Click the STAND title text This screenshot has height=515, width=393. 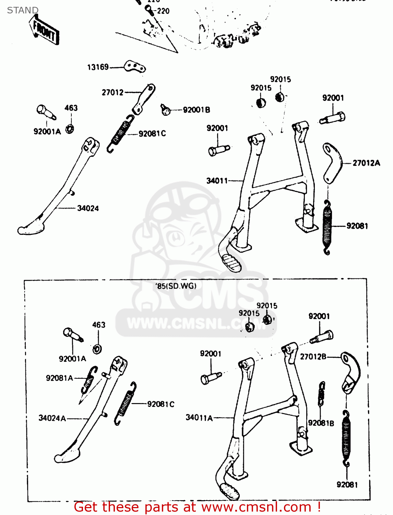click(x=23, y=10)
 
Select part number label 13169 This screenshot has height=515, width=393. click(x=98, y=67)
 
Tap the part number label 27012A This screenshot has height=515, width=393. click(x=366, y=163)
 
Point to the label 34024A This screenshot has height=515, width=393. click(x=52, y=418)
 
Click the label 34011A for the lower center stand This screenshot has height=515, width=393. click(x=199, y=417)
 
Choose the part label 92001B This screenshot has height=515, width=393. click(x=196, y=110)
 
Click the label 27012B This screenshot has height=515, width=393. click(x=313, y=357)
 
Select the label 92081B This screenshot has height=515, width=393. click(x=321, y=423)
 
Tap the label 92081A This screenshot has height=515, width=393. click(x=59, y=378)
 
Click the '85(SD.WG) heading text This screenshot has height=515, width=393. click(x=176, y=286)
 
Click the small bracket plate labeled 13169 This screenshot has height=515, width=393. click(x=135, y=66)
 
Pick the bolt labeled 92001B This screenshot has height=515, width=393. click(x=166, y=110)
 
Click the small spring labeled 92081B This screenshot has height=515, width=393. click(x=321, y=393)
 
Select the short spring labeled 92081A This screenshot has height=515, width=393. click(x=88, y=380)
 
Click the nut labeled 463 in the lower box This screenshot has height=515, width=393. click(x=97, y=349)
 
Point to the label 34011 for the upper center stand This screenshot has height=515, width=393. click(x=217, y=181)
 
